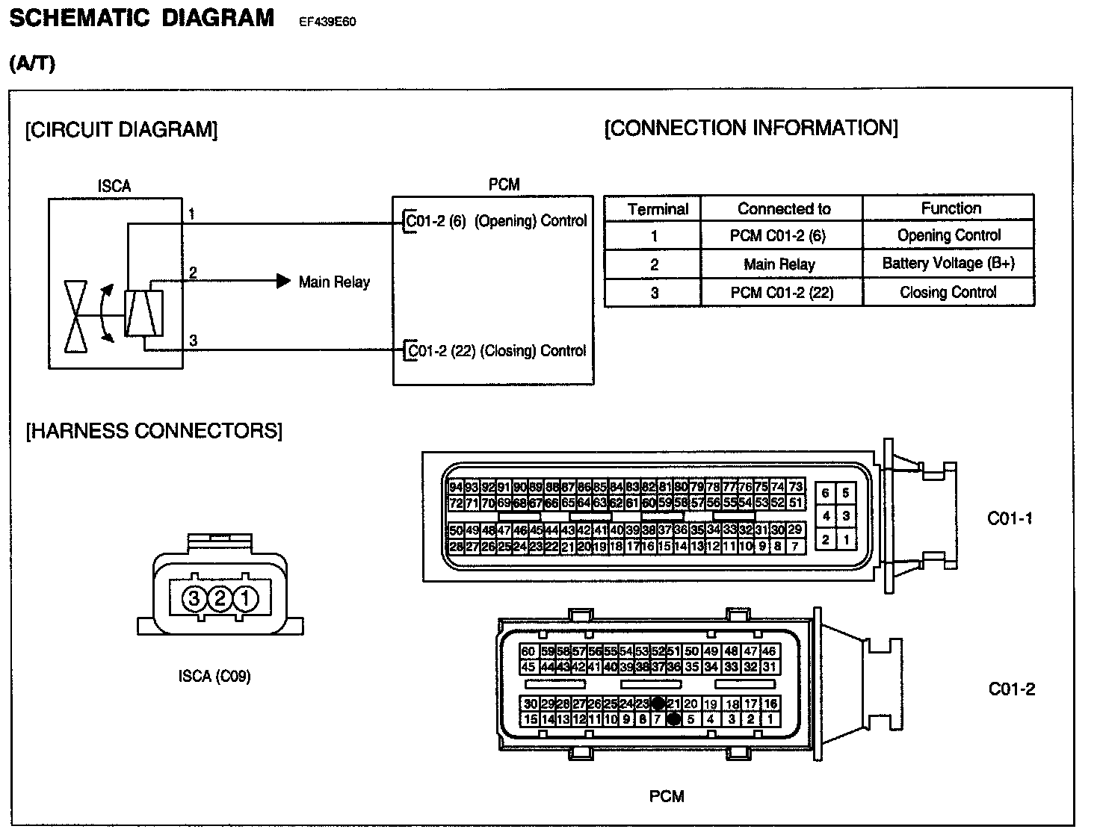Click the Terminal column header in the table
click(658, 209)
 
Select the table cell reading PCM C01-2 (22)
click(781, 293)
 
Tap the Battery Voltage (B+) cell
click(948, 264)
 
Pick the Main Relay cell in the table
click(779, 264)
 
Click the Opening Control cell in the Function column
click(948, 236)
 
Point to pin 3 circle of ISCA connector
click(194, 599)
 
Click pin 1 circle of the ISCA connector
click(245, 599)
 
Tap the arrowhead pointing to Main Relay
click(283, 282)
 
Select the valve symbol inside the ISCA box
click(75, 316)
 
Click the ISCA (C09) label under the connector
click(214, 677)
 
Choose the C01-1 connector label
click(1010, 518)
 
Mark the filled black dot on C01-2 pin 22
click(658, 704)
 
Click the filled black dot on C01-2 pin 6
click(673, 719)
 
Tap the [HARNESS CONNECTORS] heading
click(154, 432)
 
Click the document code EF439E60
click(327, 22)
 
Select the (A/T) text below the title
click(32, 64)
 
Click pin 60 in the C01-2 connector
click(528, 652)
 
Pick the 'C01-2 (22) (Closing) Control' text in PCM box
click(496, 351)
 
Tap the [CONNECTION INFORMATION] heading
click(751, 128)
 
